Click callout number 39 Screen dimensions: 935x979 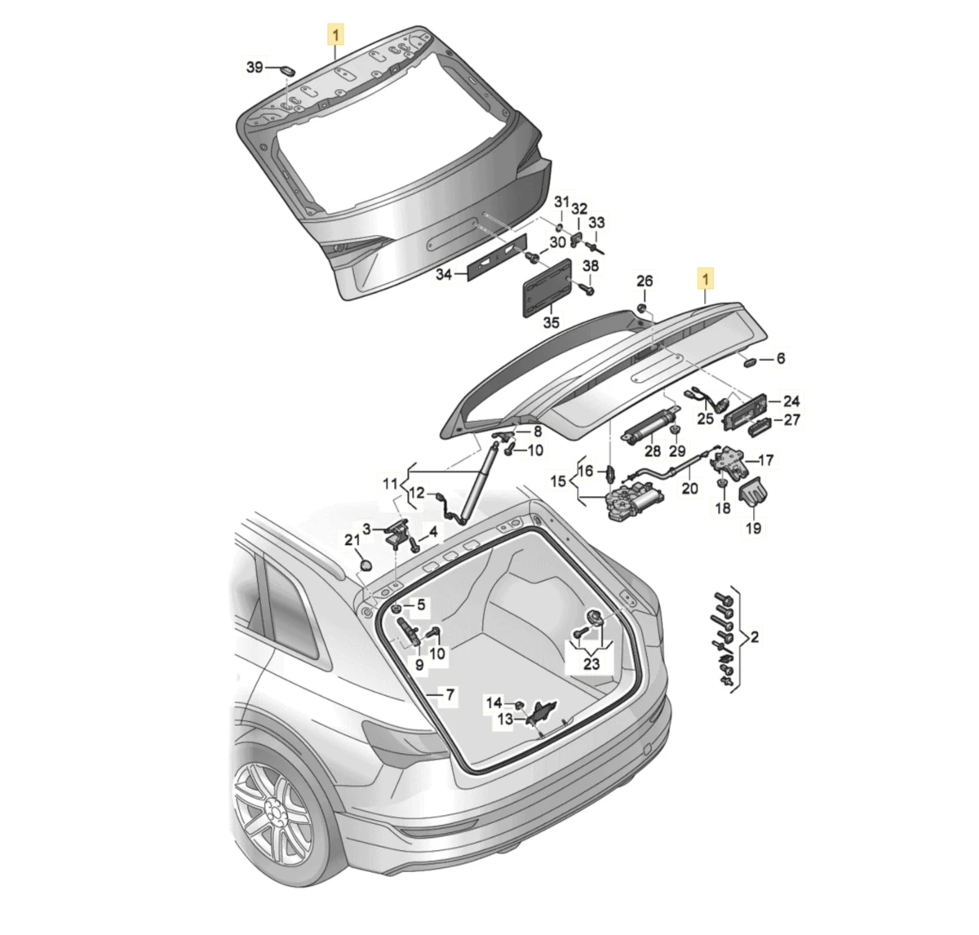pos(255,67)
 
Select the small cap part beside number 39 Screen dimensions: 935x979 pos(286,70)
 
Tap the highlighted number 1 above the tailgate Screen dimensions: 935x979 pos(336,34)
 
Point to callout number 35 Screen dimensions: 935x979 pos(552,323)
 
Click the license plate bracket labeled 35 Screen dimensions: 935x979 pos(547,285)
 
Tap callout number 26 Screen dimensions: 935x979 pos(645,281)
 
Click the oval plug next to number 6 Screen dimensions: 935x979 pos(750,360)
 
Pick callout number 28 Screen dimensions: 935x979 pos(652,452)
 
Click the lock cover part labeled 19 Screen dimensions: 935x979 pos(754,494)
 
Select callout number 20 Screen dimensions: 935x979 pos(690,490)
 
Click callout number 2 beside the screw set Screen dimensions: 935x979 pos(755,637)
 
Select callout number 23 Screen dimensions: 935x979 pos(591,664)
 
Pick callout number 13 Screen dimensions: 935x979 pos(507,720)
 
